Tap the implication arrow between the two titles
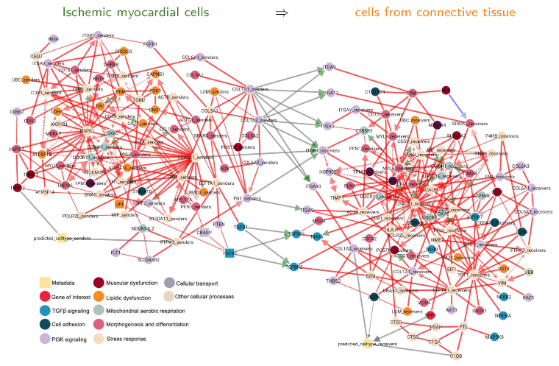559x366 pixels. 281,13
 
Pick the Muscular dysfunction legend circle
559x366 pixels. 99,282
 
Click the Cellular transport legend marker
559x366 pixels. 170,282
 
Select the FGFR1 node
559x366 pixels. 151,44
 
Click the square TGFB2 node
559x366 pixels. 229,253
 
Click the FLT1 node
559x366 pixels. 115,253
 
